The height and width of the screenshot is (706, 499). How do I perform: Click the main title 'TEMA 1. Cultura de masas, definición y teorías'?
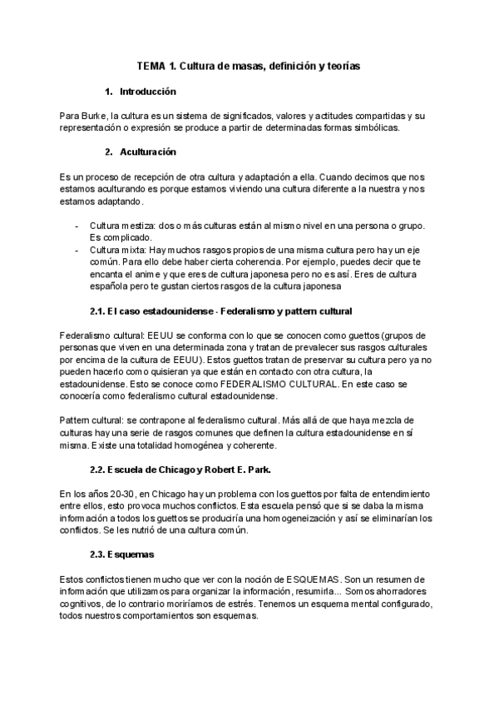coord(249,65)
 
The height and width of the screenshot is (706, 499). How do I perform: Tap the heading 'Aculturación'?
coord(148,152)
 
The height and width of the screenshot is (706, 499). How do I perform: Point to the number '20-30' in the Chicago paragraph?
coord(120,495)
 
